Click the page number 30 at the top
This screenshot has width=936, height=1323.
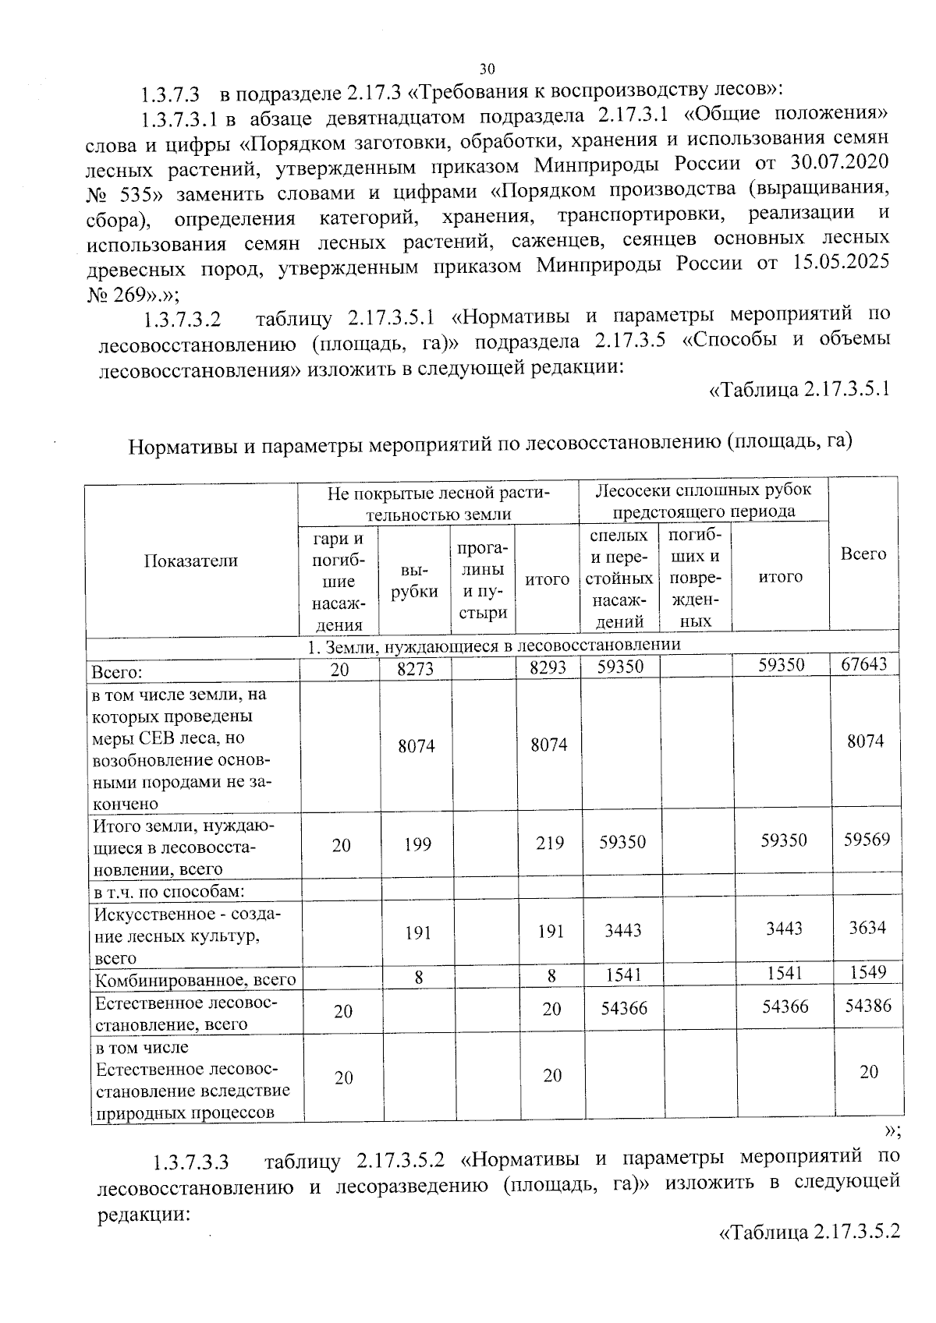[487, 68]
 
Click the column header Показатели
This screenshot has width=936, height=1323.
[191, 561]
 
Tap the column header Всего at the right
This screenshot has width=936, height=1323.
[863, 554]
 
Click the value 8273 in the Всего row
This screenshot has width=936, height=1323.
[415, 669]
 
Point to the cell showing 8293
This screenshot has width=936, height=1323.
[548, 668]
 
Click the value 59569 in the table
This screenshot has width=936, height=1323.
[867, 840]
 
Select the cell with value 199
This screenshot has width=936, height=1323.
[418, 844]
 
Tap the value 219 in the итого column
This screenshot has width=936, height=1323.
[551, 844]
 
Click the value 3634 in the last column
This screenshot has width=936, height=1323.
[867, 928]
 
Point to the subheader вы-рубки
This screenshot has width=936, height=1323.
[415, 581]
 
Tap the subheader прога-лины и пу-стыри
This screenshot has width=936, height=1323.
[483, 581]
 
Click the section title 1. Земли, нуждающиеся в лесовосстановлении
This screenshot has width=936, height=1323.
[493, 646]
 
